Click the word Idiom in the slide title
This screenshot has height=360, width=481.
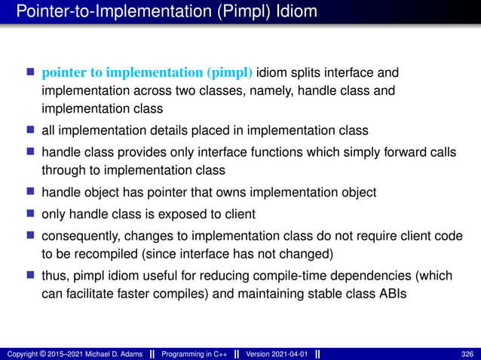(x=293, y=12)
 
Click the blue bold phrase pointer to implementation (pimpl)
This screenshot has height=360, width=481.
(x=148, y=73)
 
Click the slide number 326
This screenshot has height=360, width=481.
(x=467, y=353)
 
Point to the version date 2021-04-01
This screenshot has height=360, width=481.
(x=290, y=353)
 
